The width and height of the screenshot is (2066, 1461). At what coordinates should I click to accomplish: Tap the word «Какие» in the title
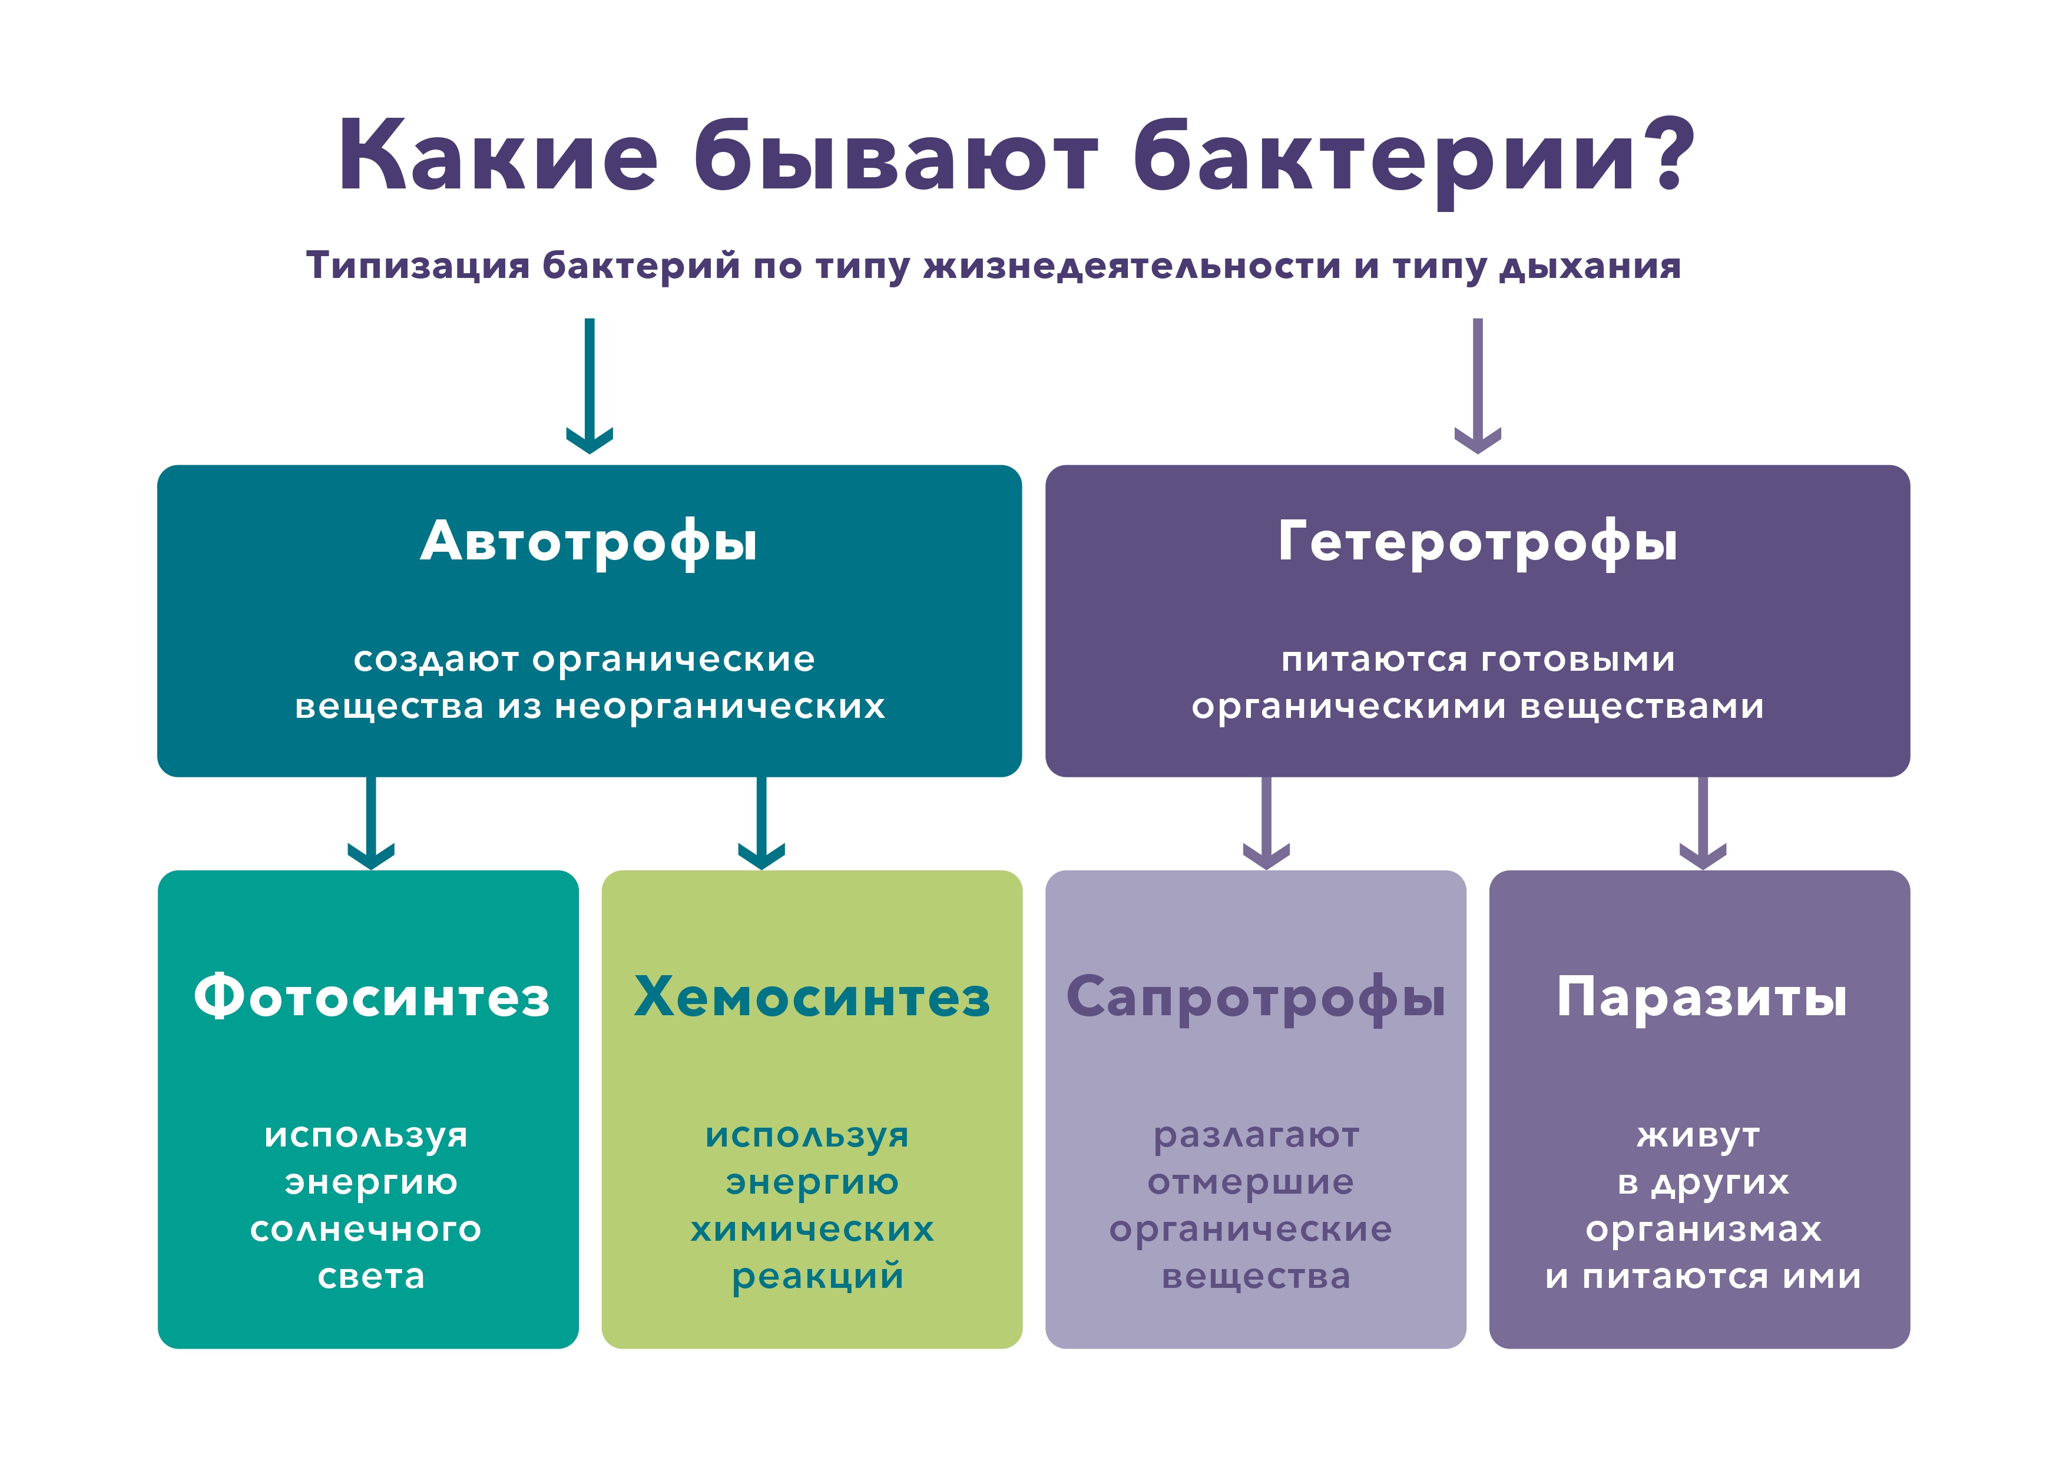click(498, 155)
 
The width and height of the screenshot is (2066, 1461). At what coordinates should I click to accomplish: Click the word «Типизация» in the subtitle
click(418, 266)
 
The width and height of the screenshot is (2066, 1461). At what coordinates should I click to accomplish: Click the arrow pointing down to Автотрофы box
click(590, 385)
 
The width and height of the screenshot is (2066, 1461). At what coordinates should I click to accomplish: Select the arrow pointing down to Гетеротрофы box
click(1478, 385)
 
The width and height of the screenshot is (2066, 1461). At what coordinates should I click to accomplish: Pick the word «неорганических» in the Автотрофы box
click(720, 707)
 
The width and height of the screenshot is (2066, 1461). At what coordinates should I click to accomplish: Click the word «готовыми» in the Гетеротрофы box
click(1577, 660)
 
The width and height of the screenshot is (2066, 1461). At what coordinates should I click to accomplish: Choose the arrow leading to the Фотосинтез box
click(370, 823)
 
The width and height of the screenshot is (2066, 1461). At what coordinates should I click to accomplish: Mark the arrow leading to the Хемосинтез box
click(761, 823)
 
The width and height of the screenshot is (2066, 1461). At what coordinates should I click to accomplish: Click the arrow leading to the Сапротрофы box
click(1266, 823)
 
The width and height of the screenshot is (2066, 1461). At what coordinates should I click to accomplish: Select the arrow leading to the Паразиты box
click(1703, 823)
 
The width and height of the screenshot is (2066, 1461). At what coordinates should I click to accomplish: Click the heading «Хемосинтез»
click(812, 997)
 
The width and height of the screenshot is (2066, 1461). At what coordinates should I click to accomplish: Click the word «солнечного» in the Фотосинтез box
click(366, 1230)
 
